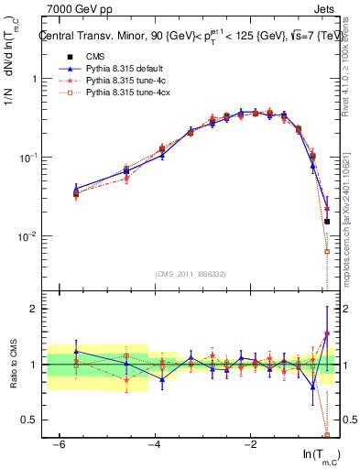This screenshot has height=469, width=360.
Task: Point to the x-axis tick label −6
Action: coord(58,444)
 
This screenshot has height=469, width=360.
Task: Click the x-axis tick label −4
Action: coord(154,444)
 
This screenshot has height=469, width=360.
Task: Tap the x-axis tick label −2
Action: coord(250,444)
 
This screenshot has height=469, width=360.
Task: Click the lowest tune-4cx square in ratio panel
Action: coord(327,434)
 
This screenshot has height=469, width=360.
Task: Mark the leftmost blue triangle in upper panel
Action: coord(76,190)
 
